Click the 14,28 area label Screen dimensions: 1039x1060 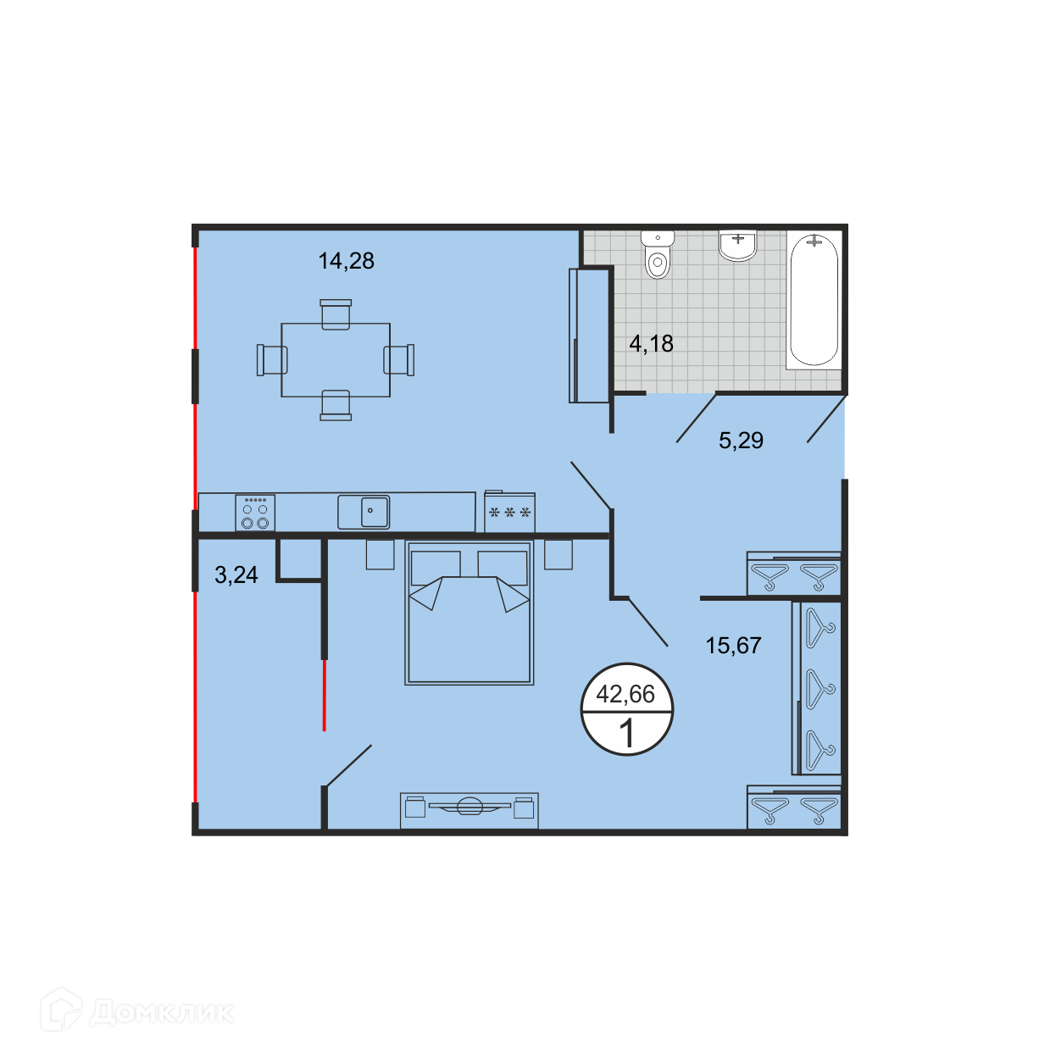click(x=346, y=261)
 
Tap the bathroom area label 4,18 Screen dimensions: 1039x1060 click(x=651, y=344)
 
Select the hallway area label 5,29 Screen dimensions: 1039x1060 click(x=741, y=441)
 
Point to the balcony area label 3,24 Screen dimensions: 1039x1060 click(x=236, y=574)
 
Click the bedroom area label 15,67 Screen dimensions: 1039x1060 click(x=733, y=646)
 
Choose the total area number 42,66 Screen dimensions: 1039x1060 click(x=625, y=694)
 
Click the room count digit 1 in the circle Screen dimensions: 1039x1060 click(x=627, y=733)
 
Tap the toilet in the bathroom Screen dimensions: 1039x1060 click(x=658, y=255)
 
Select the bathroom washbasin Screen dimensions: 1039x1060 click(x=738, y=246)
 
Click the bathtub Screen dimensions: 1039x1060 click(x=814, y=300)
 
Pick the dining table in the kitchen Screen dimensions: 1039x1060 click(x=336, y=360)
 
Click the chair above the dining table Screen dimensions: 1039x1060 click(x=336, y=314)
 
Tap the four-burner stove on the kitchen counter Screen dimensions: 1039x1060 click(x=255, y=513)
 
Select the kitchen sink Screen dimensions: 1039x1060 click(x=364, y=512)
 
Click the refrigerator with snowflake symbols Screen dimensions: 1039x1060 click(x=509, y=512)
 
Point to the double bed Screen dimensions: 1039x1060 click(x=469, y=613)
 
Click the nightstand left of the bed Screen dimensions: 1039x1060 click(x=381, y=554)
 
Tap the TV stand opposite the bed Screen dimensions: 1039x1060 click(x=469, y=810)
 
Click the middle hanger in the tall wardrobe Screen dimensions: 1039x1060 click(x=820, y=689)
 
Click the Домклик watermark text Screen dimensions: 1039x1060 click(x=163, y=1013)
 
